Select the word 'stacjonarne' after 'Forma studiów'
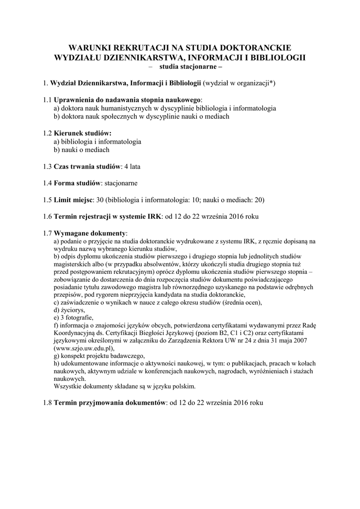pos(121,183)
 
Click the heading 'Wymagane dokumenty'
pos(90,233)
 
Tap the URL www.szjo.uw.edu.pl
pos(85,348)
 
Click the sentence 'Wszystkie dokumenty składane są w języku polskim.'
pos(125,386)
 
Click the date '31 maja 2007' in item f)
pos(281,340)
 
